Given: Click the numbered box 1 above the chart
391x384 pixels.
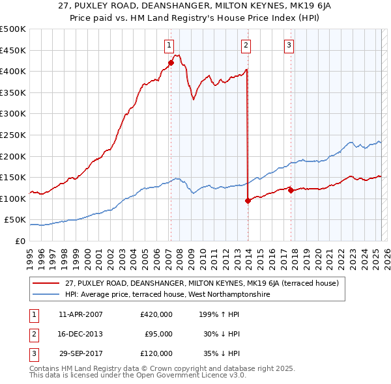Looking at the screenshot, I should (x=169, y=45).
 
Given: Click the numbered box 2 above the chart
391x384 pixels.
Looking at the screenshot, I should (x=246, y=45).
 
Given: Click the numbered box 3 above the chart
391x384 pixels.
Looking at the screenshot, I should (x=289, y=45).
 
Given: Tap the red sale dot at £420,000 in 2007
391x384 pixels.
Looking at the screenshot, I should (x=171, y=62).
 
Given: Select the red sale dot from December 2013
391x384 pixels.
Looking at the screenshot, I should (x=248, y=201).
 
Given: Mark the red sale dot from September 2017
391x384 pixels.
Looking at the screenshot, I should (x=291, y=190).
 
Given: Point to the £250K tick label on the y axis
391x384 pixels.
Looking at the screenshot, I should (x=13, y=135).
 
